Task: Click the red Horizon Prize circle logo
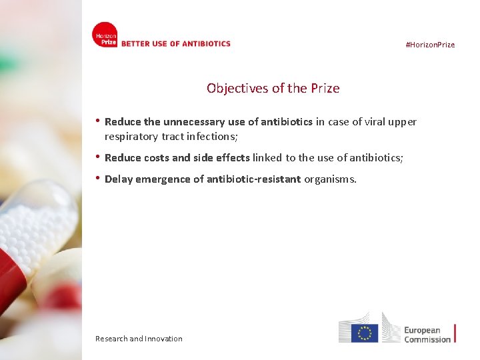point(105,35)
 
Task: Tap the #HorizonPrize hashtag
point(430,45)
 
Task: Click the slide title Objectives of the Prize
point(273,88)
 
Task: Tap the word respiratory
point(131,137)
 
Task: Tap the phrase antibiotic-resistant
point(254,179)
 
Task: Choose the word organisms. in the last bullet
point(330,179)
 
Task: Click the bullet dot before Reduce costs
point(98,157)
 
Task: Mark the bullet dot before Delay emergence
point(98,179)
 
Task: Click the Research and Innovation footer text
point(139,339)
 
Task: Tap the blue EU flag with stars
point(365,333)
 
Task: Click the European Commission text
point(427,335)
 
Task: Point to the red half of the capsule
point(12,273)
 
